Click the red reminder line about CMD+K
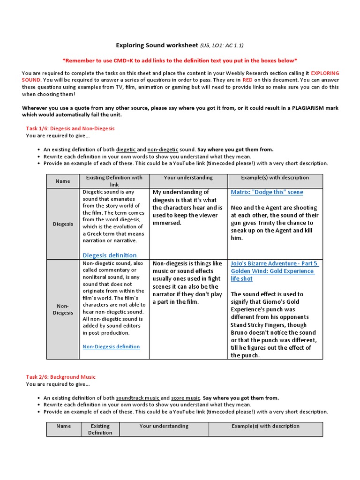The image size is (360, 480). coord(180,60)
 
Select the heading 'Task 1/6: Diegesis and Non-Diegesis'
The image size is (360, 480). coord(70,128)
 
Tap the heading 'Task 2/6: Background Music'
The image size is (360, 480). coord(60,377)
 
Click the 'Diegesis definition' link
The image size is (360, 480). coord(109,255)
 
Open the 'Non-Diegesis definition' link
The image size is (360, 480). coord(111,347)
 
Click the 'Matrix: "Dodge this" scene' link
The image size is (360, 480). coord(267,192)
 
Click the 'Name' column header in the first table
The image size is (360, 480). coord(63,181)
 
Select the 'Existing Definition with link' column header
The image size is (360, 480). coord(114,181)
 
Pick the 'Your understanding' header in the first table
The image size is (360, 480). coord(188,178)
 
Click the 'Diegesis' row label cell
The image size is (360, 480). coord(63,224)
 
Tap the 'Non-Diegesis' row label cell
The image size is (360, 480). coord(63,309)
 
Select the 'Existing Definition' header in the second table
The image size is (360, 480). coord(100,429)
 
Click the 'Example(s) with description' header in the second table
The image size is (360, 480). coord(265,427)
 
